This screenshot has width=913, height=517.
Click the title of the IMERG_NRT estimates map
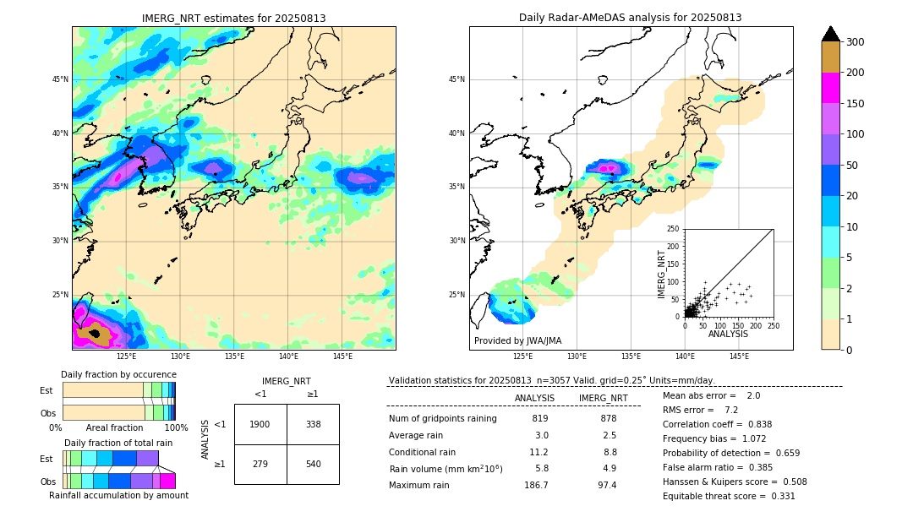[x=233, y=18]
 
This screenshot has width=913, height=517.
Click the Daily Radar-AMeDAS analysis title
[x=631, y=18]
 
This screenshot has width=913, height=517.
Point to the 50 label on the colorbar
[x=851, y=166]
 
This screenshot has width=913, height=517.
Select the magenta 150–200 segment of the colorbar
[x=830, y=89]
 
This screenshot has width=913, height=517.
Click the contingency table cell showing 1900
[x=260, y=424]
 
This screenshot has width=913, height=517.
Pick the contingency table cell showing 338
[x=313, y=424]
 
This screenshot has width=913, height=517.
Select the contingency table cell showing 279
[x=260, y=464]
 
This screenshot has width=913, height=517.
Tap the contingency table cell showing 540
[x=313, y=464]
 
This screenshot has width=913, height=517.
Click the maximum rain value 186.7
[x=536, y=485]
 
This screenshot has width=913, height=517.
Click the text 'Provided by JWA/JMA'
[x=517, y=340]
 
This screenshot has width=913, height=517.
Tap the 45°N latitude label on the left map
[x=59, y=79]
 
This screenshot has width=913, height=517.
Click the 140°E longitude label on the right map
[x=685, y=356]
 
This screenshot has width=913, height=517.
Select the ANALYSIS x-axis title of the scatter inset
[x=728, y=334]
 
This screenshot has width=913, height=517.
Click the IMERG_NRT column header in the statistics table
[x=603, y=398]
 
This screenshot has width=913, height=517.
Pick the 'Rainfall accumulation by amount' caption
[x=119, y=495]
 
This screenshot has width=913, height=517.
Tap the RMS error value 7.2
[x=731, y=410]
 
